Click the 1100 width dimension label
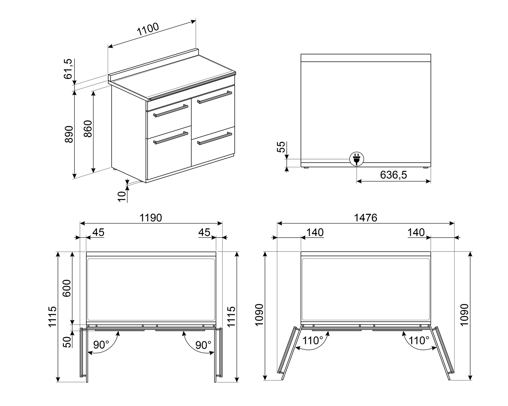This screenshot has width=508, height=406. (148, 29)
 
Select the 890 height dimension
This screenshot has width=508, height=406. (69, 134)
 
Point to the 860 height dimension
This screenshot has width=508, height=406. (88, 129)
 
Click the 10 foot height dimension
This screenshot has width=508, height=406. (122, 196)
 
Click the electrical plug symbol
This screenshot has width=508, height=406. (357, 158)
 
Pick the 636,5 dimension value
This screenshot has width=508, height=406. (394, 175)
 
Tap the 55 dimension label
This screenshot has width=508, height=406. (281, 147)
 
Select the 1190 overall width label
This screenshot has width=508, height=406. (151, 218)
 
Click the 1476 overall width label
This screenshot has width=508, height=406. (365, 218)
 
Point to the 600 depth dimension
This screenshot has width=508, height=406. (67, 288)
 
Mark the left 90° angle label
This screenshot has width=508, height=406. (101, 345)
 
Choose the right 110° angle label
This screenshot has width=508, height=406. (419, 341)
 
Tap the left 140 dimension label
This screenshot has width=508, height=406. (315, 233)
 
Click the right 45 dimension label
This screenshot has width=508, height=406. (204, 233)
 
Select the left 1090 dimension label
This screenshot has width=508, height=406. (259, 315)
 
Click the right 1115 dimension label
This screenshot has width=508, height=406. (231, 316)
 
